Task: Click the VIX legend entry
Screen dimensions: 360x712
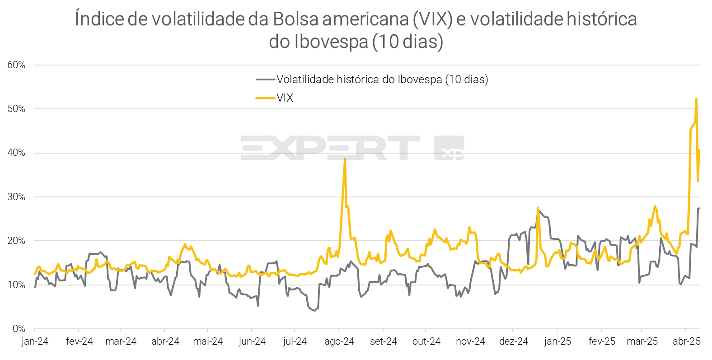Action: (x=285, y=98)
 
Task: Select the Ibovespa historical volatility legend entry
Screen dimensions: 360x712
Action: (x=382, y=79)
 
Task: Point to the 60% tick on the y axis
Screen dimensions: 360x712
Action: (x=16, y=65)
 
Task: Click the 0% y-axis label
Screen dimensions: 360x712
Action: (x=19, y=329)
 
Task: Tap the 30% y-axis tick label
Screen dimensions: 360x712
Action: (x=16, y=197)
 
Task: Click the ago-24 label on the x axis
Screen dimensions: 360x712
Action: (x=339, y=341)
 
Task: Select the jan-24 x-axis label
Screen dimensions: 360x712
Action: (x=35, y=341)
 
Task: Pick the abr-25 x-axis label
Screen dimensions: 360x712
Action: (x=687, y=341)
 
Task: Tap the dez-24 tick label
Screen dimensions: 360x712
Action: (x=514, y=341)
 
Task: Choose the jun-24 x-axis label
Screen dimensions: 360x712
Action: (x=252, y=341)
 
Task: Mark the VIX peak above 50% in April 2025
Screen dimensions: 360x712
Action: (x=696, y=99)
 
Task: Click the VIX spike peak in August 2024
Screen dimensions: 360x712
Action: (x=345, y=159)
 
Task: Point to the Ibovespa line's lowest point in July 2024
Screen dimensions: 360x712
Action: (x=315, y=311)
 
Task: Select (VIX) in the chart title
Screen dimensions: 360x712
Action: (x=432, y=19)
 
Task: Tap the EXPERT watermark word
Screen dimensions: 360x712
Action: (x=330, y=148)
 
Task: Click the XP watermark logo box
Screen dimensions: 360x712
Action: (x=449, y=148)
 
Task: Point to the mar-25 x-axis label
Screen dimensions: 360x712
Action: (x=642, y=341)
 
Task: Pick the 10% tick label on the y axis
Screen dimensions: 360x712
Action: (x=16, y=285)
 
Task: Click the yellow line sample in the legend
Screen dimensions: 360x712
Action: (x=265, y=98)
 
